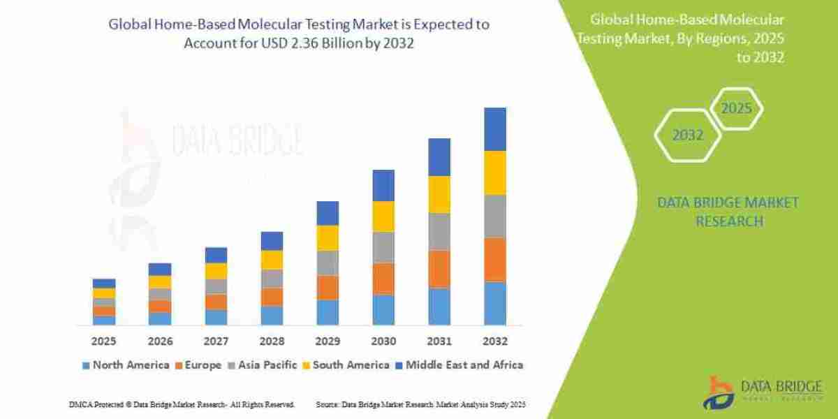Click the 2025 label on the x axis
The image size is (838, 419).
(103, 341)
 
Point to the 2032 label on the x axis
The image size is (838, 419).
(494, 341)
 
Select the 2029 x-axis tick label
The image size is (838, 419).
(327, 341)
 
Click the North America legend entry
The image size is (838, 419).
(125, 365)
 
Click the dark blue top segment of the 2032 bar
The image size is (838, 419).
(494, 129)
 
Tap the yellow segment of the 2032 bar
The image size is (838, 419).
(494, 172)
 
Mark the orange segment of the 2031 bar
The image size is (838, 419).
(439, 269)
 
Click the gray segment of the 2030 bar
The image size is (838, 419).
(383, 247)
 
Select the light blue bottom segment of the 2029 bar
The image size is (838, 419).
(327, 312)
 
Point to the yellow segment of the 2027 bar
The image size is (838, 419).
(216, 271)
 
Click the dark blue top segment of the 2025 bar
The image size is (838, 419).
(103, 284)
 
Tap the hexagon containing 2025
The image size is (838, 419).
(735, 109)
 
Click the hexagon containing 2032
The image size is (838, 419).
(687, 135)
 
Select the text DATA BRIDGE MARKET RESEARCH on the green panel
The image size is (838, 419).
(728, 212)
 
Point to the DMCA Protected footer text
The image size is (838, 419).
(182, 404)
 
